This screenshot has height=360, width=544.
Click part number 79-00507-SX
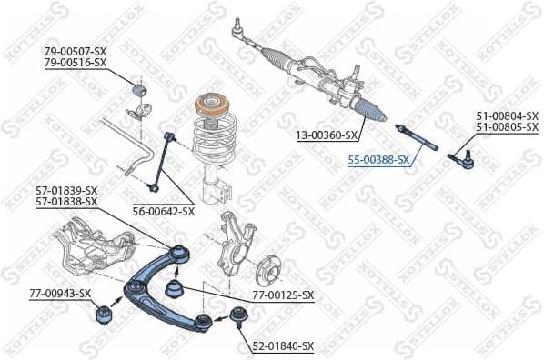76,51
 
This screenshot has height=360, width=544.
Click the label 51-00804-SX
507,116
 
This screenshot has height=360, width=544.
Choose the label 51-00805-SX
507,127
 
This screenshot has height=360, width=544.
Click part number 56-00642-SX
163,211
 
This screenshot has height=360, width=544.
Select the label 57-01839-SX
66,190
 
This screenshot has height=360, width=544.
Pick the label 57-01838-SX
66,201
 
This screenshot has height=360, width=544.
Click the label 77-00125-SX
282,295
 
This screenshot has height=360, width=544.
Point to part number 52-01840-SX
282,346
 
